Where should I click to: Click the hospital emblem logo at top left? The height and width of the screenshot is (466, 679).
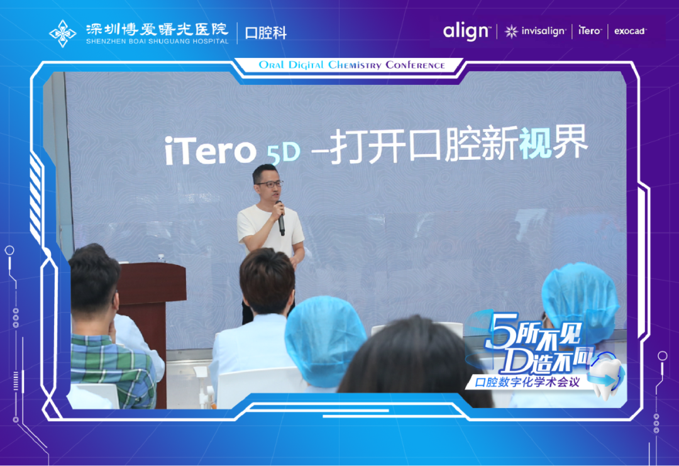[x=63, y=33]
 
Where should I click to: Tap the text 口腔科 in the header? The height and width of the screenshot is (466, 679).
[x=266, y=33]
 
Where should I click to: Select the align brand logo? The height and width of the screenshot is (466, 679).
[x=466, y=31]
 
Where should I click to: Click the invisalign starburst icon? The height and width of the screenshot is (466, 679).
[x=511, y=31]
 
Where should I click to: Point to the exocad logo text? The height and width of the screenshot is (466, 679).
[x=630, y=31]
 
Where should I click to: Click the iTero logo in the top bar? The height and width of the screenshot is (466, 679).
[x=590, y=30]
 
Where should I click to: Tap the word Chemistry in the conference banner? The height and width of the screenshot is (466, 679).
[x=355, y=65]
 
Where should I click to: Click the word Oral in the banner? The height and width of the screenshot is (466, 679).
[x=272, y=65]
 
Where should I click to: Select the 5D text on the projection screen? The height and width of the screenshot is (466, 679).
[x=284, y=152]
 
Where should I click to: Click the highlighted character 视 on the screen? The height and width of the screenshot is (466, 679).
[x=535, y=141]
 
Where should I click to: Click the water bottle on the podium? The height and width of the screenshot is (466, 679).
[x=162, y=258]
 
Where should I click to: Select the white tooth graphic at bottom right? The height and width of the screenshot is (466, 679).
[x=606, y=377]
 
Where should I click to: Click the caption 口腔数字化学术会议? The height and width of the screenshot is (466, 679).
[x=527, y=382]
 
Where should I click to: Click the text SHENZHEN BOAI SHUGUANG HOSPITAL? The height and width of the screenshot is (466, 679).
[x=157, y=42]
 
